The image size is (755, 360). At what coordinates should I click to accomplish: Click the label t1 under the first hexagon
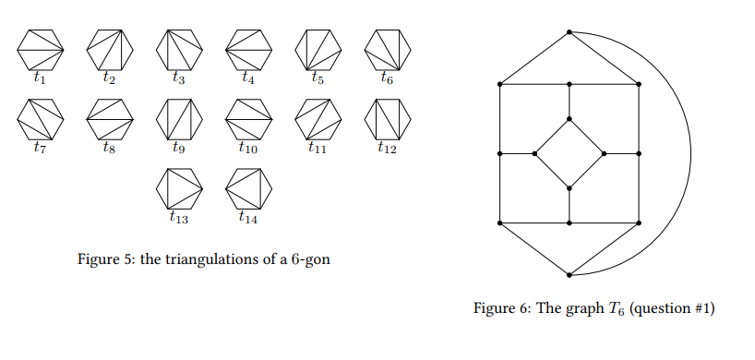point(39,79)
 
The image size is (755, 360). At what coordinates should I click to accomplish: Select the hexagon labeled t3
point(178,50)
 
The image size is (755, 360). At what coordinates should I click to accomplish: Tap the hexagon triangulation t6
point(386,50)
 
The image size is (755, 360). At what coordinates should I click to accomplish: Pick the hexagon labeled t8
point(109,118)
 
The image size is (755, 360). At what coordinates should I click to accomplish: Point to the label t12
point(386,149)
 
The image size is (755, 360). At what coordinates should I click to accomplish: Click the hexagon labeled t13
point(178,189)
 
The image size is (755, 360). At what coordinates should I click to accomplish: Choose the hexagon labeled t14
point(247,189)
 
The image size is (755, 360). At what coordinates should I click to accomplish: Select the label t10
point(247,148)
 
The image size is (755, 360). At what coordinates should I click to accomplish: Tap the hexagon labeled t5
point(317,50)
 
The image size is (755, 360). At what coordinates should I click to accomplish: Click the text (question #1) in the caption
point(673,307)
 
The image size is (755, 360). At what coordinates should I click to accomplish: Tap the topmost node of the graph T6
point(569,32)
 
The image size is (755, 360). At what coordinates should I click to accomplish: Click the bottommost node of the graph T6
point(569,275)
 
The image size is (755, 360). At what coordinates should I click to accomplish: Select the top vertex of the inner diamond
point(569,118)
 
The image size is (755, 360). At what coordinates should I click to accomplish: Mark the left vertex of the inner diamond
point(535,153)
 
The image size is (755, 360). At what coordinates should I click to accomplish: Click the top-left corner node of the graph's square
point(499,84)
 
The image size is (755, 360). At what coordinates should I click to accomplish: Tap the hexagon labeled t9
point(178,118)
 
